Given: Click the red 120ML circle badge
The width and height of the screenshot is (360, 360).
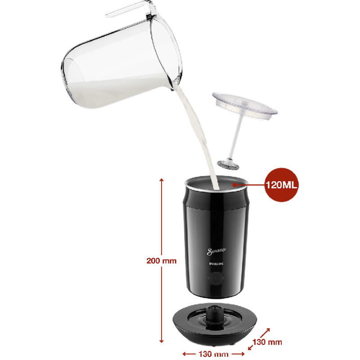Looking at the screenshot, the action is click(282, 185).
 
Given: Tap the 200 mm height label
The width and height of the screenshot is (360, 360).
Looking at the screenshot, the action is click(162, 261).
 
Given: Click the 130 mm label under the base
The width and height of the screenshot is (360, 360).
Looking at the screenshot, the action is click(213, 354).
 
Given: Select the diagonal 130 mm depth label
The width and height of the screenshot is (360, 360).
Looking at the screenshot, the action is click(267, 342).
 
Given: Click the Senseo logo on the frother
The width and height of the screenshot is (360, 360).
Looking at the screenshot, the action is click(216, 251).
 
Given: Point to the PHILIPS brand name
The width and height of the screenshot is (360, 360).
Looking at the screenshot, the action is click(216, 264).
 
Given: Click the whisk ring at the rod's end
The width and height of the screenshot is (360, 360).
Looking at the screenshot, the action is click(228, 165).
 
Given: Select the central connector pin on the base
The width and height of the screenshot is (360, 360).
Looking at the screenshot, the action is click(214, 313).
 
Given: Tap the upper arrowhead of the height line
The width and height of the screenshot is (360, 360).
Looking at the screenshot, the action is click(162, 180).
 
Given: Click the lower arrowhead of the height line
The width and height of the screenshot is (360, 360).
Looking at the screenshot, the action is click(162, 341).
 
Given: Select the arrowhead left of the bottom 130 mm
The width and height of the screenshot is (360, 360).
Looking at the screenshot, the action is click(185, 354).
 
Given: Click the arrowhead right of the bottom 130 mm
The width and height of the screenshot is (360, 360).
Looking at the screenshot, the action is click(242, 354).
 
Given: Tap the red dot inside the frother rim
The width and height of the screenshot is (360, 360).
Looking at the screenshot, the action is click(234, 184).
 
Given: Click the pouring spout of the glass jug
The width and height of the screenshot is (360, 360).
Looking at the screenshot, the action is click(171, 85).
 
